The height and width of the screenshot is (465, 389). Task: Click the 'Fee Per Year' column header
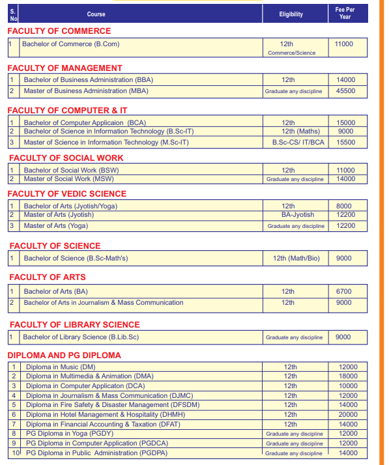(x=345, y=13)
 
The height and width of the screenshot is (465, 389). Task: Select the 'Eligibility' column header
(x=291, y=14)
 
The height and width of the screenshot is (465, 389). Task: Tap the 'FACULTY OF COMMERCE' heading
(x=59, y=31)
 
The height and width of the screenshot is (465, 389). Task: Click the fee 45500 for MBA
(x=345, y=91)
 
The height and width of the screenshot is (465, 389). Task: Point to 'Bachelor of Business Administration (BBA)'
(x=88, y=80)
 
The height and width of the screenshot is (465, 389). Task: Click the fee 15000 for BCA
(x=345, y=122)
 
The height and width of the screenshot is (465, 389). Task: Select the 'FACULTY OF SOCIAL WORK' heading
(x=66, y=158)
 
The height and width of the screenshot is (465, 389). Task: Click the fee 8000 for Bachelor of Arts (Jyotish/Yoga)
(x=343, y=206)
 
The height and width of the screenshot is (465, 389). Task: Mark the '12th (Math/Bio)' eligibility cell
(x=296, y=259)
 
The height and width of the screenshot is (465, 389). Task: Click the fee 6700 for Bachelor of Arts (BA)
(x=343, y=292)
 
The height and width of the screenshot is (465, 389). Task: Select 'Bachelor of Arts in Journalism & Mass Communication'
(x=104, y=302)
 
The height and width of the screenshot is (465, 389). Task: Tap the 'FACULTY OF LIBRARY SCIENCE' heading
(x=74, y=324)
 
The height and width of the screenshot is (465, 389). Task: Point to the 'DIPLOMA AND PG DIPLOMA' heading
(x=64, y=355)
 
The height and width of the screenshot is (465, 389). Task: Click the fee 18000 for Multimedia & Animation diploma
(x=348, y=376)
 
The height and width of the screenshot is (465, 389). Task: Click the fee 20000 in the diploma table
(x=348, y=415)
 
